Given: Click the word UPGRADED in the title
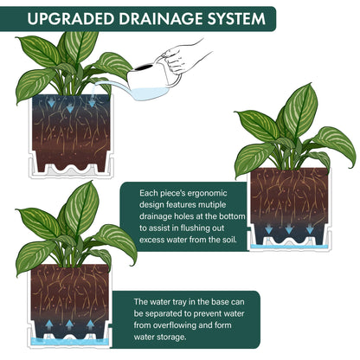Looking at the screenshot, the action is point(71,19).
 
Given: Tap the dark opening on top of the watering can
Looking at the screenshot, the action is point(144,67).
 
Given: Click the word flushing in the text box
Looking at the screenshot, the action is point(198,228).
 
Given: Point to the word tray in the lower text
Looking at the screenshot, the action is point(179,302).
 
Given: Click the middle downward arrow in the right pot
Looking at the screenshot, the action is point(289,229).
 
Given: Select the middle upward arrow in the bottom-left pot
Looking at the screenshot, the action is point(69,325).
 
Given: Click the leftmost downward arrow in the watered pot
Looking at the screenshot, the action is point(51,103).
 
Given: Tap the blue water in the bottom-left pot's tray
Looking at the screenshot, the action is point(70,342).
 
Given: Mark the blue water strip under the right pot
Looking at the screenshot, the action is point(289,247).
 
